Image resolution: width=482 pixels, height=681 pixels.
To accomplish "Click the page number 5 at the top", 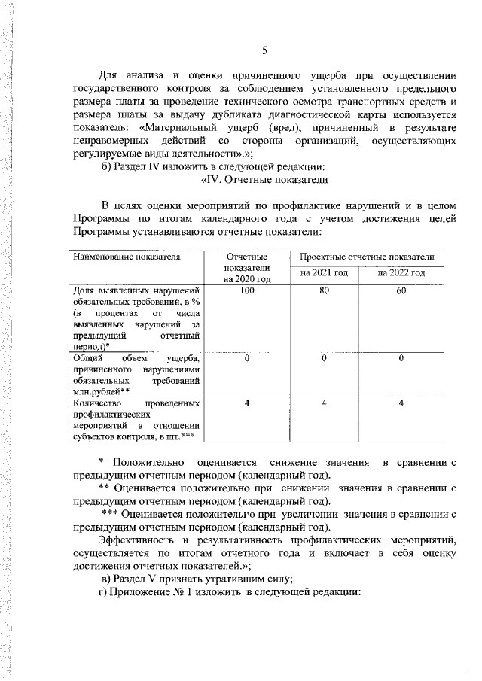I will (264, 50).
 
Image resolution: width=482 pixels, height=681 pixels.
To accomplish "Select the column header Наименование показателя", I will (127, 258).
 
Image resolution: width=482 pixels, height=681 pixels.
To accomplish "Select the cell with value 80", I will (324, 290).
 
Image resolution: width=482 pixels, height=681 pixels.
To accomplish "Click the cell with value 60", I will (402, 290).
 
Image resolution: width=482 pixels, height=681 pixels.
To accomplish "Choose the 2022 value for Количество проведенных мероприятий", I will (402, 403).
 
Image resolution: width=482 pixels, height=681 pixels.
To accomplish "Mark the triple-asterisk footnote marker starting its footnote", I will (110, 514).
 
